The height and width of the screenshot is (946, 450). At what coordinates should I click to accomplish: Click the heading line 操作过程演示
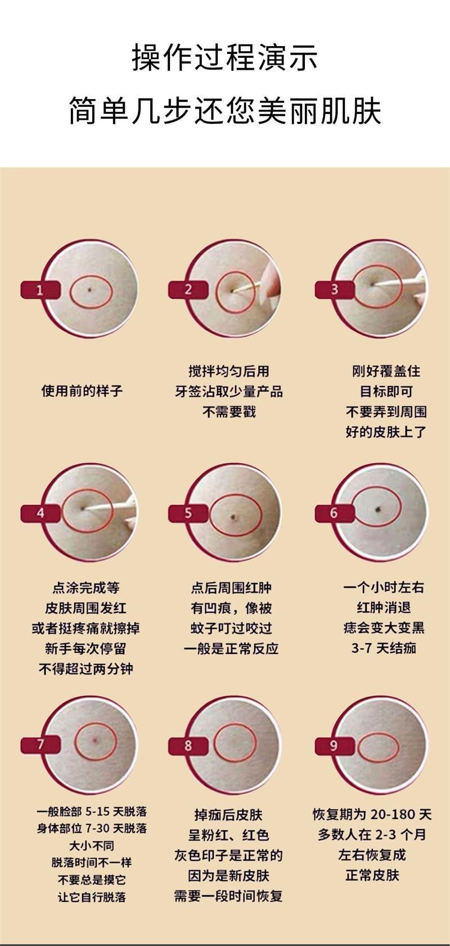tap(225, 59)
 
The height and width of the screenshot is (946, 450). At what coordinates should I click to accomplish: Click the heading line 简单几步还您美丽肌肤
tap(225, 110)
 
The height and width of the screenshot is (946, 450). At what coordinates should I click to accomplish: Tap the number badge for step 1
tap(40, 290)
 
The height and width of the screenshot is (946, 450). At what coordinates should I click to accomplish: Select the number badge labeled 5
tap(188, 513)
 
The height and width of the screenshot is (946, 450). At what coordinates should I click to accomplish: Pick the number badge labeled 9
tap(334, 745)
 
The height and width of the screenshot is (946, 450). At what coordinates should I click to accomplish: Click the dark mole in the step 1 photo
tap(91, 289)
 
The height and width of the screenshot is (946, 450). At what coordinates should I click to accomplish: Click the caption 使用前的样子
tap(82, 391)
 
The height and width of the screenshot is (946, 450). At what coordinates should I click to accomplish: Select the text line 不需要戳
tap(229, 412)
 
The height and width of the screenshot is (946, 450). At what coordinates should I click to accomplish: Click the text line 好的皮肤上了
tap(386, 432)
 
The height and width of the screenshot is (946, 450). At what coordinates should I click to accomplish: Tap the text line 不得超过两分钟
tap(85, 669)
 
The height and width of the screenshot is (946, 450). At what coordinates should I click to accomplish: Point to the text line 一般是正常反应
tap(231, 648)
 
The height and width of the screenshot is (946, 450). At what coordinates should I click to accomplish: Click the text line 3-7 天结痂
tap(384, 648)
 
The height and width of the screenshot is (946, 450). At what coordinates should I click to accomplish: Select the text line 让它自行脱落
tap(92, 896)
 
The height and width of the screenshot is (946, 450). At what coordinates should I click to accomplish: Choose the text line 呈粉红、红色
tap(228, 835)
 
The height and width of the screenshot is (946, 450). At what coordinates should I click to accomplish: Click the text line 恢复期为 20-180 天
tap(372, 814)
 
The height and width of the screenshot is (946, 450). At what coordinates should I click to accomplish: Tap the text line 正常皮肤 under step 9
tap(372, 875)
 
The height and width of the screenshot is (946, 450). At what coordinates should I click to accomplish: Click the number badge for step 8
tap(188, 745)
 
